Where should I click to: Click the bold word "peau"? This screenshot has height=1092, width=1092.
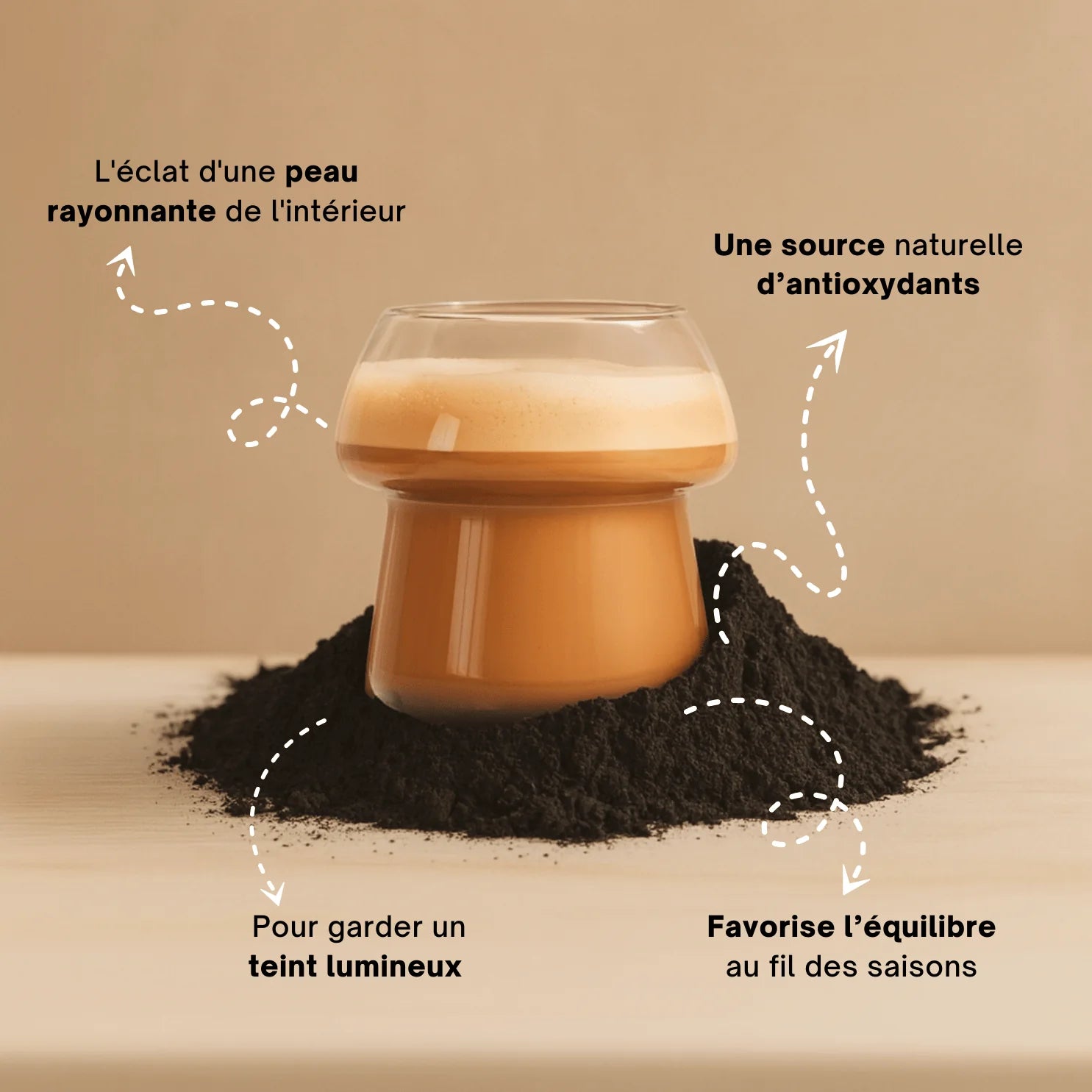click(x=321, y=173)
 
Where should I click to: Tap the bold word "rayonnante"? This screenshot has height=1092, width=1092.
click(x=131, y=212)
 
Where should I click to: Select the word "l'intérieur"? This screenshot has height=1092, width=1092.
click(x=338, y=212)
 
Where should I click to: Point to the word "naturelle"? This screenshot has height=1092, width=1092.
click(x=958, y=245)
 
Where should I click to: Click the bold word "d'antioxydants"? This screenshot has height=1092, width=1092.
click(x=868, y=285)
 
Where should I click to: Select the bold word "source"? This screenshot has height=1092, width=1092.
click(x=832, y=245)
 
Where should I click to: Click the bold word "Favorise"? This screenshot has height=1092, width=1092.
click(x=771, y=927)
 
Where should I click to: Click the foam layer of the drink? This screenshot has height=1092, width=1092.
click(x=537, y=404)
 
